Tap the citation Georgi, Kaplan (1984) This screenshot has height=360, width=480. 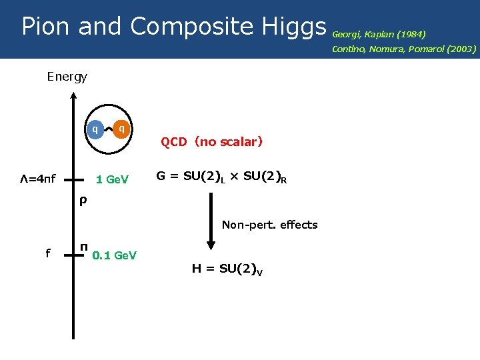(379, 33)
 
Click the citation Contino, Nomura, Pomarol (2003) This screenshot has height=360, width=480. (404, 49)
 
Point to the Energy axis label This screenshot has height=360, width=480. (67, 77)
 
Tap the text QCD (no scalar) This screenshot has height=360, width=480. (211, 141)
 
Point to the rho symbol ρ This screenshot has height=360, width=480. (82, 199)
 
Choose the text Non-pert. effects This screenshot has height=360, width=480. (269, 225)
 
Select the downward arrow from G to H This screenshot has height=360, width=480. (211, 221)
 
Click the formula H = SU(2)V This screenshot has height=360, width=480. (227, 269)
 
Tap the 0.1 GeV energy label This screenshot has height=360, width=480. (115, 255)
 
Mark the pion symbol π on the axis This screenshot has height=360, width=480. (83, 248)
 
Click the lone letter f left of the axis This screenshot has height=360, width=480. (47, 253)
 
